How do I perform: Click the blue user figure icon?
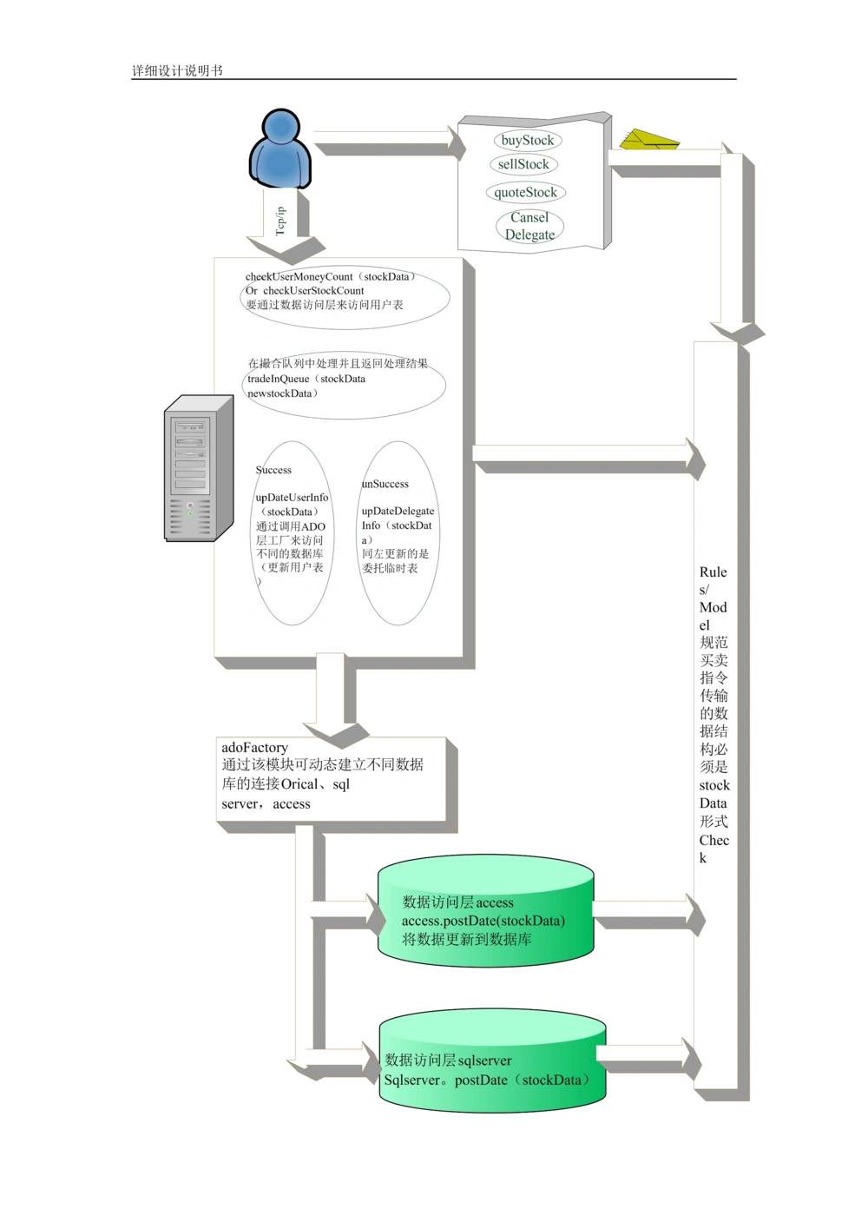click(280, 149)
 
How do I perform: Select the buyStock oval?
click(528, 140)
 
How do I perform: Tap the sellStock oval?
click(523, 164)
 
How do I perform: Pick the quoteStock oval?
click(526, 192)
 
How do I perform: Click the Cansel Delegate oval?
click(529, 226)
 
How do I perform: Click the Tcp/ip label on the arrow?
click(280, 221)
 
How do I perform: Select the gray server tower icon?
click(199, 468)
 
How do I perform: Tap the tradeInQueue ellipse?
click(344, 385)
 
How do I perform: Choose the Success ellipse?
click(293, 532)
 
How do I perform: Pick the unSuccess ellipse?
click(398, 532)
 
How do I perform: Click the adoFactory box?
click(331, 778)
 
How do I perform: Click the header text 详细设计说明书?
click(177, 70)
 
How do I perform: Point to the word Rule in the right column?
click(713, 572)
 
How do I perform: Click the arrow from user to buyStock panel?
click(390, 144)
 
